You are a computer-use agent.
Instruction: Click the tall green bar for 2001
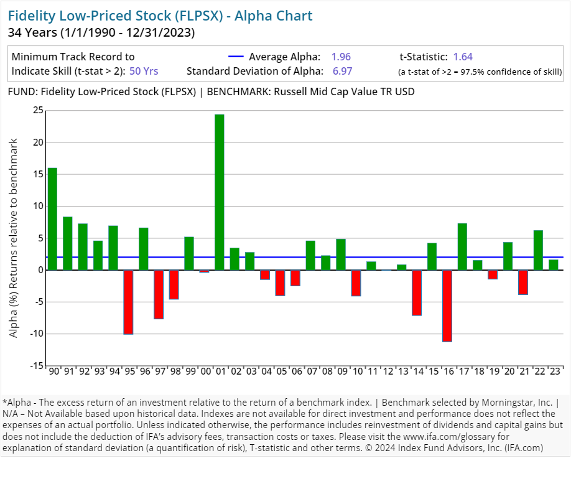click(x=220, y=192)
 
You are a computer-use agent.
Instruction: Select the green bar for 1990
click(x=52, y=219)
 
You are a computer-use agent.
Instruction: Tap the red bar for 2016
click(x=447, y=306)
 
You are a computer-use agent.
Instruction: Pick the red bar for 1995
click(x=128, y=302)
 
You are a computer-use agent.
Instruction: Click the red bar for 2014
click(x=417, y=292)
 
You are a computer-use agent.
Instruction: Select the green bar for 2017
click(x=462, y=246)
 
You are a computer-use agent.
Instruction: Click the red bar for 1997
click(x=159, y=294)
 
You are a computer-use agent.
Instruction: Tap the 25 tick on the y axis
click(x=38, y=110)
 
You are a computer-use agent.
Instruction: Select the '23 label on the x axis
click(x=554, y=371)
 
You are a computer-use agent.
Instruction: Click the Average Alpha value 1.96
click(x=341, y=57)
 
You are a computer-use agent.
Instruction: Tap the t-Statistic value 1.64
click(x=463, y=57)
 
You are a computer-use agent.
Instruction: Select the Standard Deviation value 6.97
click(x=342, y=71)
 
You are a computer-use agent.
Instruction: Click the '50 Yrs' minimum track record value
click(x=144, y=71)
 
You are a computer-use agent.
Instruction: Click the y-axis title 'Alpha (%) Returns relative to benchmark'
click(x=14, y=238)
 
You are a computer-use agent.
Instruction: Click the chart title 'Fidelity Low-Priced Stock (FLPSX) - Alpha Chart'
click(x=160, y=16)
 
